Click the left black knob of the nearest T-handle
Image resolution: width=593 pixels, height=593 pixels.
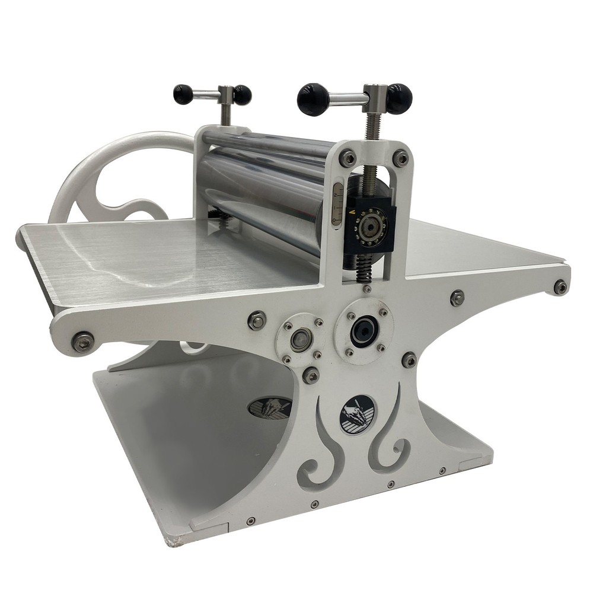tap(313, 98)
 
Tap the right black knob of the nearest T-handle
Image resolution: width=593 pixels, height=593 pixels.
tap(399, 98)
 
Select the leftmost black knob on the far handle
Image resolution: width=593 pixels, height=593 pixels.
tap(183, 94)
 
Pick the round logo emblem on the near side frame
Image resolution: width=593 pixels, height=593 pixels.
tap(357, 415)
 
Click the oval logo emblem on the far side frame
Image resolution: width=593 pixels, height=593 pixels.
tap(270, 407)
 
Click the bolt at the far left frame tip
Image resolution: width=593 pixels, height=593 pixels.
tap(82, 342)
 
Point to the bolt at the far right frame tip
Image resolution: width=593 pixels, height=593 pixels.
tap(560, 287)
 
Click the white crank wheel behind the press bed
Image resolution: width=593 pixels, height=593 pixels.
tap(113, 178)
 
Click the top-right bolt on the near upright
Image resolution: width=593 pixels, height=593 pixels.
tap(401, 158)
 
